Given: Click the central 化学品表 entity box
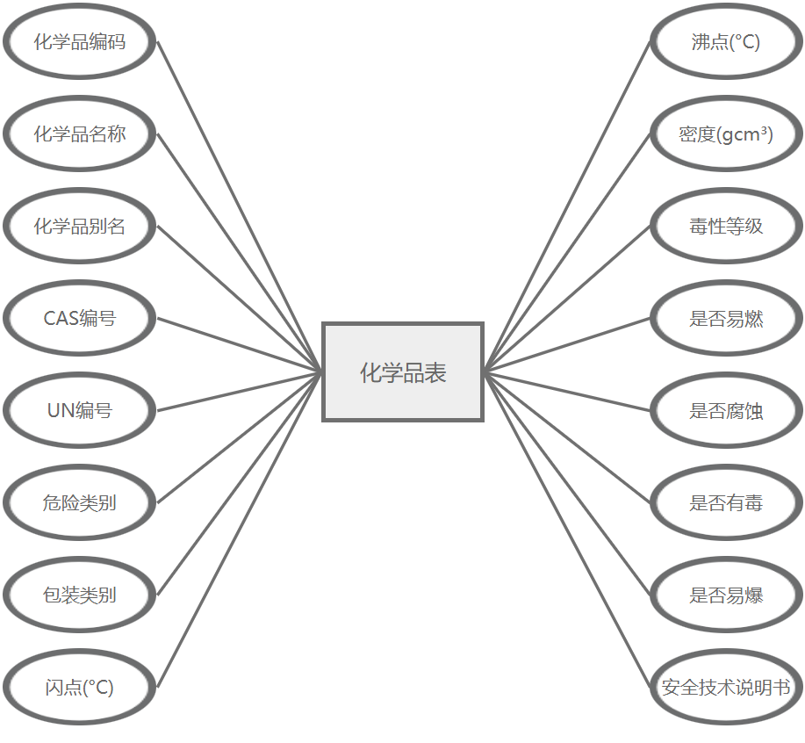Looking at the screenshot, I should (x=403, y=372).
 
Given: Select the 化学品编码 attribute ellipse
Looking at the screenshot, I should (x=80, y=42).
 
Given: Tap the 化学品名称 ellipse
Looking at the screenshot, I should (x=80, y=134).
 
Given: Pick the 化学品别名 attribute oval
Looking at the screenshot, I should (x=80, y=227).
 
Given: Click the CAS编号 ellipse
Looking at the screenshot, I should (x=80, y=319).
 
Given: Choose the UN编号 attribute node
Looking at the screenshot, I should (x=80, y=410).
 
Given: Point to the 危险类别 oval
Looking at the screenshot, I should (x=80, y=502).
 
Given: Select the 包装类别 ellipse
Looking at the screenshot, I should (x=80, y=595).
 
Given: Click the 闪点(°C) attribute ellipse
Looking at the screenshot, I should (x=80, y=687).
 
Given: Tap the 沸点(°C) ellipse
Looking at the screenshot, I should (x=726, y=42).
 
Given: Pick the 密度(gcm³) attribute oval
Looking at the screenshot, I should (x=726, y=134).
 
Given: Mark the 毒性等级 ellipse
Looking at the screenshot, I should (x=726, y=227).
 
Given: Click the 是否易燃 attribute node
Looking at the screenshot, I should (x=726, y=319).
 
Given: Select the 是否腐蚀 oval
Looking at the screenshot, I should (x=726, y=410).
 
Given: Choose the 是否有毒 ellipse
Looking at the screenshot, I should (x=726, y=502).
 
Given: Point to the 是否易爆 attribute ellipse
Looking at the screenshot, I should (x=726, y=595).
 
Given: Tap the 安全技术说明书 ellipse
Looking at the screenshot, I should (x=726, y=687).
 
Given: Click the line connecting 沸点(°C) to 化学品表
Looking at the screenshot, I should (x=567, y=206).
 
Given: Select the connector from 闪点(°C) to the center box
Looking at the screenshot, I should (x=240, y=529).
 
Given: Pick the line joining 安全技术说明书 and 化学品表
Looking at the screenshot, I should (x=567, y=529).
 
